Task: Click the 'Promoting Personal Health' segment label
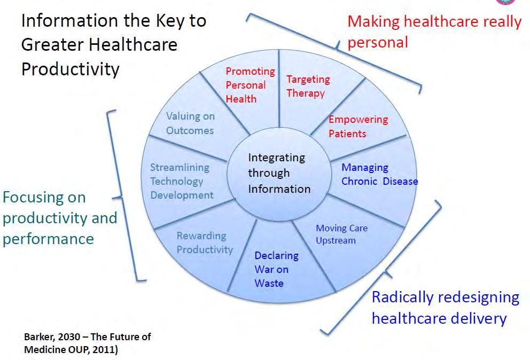click(x=250, y=85)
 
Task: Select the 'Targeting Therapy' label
click(x=308, y=86)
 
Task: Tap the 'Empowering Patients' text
click(x=358, y=127)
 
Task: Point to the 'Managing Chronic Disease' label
click(x=379, y=175)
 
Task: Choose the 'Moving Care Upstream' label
click(x=341, y=234)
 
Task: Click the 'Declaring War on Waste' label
click(x=276, y=269)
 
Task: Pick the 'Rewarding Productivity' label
click(x=205, y=242)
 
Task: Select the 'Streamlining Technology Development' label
click(x=182, y=181)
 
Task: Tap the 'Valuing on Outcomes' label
click(x=190, y=123)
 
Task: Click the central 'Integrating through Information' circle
click(x=279, y=174)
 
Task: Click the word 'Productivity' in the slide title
click(x=71, y=69)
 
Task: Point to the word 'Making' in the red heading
click(x=373, y=22)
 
